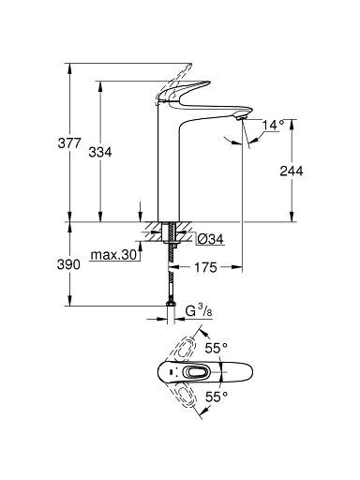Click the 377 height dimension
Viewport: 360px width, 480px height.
[x=69, y=143]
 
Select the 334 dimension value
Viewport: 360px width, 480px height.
[x=100, y=152]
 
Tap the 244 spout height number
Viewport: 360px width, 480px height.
[x=292, y=171]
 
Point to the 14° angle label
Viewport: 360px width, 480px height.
[x=273, y=125]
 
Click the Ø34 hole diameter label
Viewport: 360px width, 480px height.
[x=210, y=239]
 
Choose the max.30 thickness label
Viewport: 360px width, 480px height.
[x=114, y=255]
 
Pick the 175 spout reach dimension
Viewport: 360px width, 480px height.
[x=205, y=267]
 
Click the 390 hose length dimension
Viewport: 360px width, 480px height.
[x=68, y=264]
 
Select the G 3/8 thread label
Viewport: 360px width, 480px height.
[x=200, y=312]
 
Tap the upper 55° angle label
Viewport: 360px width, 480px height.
[x=216, y=348]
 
